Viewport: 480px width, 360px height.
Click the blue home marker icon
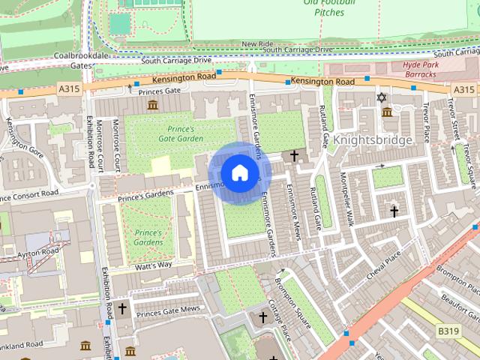[x=239, y=173]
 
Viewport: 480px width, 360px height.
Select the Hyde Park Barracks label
[x=414, y=70]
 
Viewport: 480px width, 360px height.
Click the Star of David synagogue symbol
[x=382, y=97]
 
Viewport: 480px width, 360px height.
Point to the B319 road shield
[x=448, y=331]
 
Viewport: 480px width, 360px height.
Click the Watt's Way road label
[x=154, y=265]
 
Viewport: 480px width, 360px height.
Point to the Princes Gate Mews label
[x=169, y=310]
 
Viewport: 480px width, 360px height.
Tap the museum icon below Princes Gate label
[x=153, y=104]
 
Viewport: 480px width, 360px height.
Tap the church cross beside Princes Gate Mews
[x=121, y=308]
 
